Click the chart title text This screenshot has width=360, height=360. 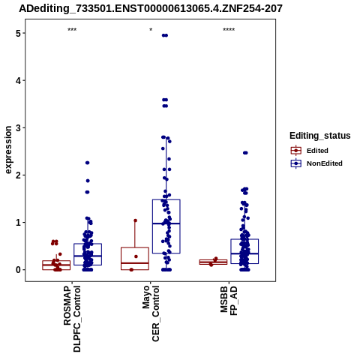click(x=151, y=9)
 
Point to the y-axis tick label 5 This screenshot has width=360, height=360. click(x=18, y=33)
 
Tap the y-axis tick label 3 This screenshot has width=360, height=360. click(x=18, y=127)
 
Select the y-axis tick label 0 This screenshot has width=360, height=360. click(x=18, y=270)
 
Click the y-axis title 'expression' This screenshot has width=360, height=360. click(x=8, y=150)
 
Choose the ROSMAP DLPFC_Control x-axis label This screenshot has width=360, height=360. click(x=72, y=319)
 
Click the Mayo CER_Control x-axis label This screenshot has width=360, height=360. click(x=151, y=313)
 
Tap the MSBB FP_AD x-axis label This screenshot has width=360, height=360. click(x=229, y=301)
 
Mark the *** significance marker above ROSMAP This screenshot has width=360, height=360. click(x=72, y=30)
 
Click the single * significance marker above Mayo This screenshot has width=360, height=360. click(x=151, y=30)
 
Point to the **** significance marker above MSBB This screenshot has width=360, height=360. click(x=229, y=30)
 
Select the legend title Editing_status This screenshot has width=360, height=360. click(x=320, y=136)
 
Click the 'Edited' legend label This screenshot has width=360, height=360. click(x=317, y=151)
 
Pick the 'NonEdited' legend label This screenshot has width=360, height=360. click(x=325, y=163)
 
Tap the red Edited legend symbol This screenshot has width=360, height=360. click(x=296, y=151)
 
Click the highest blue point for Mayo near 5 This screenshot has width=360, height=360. click(x=165, y=35)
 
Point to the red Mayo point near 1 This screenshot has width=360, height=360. click(x=135, y=220)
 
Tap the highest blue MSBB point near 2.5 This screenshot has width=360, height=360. click(x=245, y=153)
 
